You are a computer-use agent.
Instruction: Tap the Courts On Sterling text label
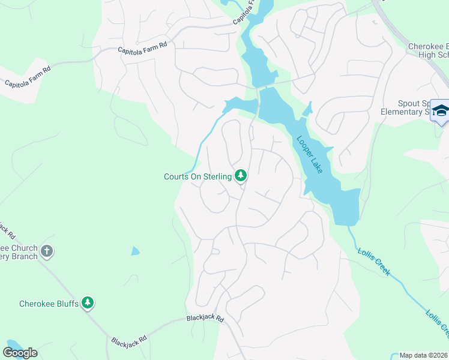coord(197,176)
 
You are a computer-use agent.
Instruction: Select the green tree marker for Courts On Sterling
coord(241,175)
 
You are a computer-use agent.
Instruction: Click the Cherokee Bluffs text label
coord(49,304)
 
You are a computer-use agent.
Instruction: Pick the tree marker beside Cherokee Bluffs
coord(88,302)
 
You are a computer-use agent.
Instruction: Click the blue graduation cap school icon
coord(440,111)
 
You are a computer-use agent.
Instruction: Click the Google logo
coord(20,353)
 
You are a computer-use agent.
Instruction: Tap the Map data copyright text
coord(424,355)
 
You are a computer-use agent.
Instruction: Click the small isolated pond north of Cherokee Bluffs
coord(135,251)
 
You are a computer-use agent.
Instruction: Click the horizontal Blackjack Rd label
coord(204,318)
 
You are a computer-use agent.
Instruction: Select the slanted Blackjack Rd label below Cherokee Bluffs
coord(128,341)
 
